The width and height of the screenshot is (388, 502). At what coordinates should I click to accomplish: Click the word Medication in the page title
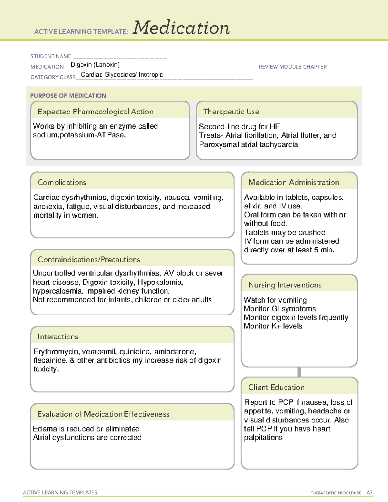pos(181,28)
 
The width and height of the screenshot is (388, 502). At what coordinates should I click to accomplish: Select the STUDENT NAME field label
pos(51,56)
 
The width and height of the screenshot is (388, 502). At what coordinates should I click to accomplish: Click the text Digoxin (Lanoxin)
pos(95,65)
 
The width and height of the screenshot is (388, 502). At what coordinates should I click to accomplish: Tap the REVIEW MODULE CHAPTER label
pos(293,67)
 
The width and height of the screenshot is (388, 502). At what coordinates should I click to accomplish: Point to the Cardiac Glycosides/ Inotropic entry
pos(122,75)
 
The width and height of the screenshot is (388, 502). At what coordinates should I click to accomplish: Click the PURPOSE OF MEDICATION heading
pos(68,96)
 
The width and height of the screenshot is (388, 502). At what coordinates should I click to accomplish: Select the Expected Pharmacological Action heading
pos(95,112)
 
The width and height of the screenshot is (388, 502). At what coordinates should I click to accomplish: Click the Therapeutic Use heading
pos(231,112)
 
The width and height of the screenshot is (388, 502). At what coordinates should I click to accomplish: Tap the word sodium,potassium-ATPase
pos(79,135)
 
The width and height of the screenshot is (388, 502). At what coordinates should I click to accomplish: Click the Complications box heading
pos(62,182)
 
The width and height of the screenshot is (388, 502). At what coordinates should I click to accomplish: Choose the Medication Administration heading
pos(293,182)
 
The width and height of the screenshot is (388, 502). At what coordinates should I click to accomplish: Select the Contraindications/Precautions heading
pos(89,260)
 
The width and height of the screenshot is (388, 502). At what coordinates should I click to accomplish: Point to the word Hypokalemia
pos(160,282)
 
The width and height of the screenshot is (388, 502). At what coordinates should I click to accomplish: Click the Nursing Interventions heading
pos(285,285)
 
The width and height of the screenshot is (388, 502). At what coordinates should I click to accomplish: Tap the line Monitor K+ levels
pos(273,326)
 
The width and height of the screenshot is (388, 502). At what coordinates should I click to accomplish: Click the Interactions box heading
pos(58,337)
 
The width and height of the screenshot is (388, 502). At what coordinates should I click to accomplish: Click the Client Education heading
pos(276,387)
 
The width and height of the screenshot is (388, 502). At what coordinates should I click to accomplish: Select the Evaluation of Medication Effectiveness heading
pos(103,414)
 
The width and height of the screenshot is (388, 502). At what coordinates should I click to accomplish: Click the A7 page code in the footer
pos(369,493)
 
